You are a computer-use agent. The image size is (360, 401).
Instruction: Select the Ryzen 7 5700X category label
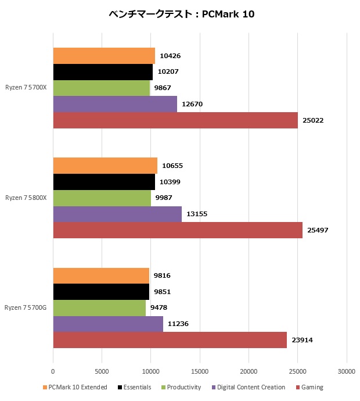point(26,88)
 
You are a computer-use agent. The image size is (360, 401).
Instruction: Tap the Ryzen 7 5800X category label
point(26,198)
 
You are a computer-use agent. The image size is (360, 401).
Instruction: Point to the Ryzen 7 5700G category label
point(26,307)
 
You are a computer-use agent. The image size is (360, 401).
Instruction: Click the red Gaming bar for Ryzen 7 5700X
point(175,120)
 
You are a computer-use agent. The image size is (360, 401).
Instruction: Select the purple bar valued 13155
point(117,214)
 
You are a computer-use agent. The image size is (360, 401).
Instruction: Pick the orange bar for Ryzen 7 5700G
point(101,275)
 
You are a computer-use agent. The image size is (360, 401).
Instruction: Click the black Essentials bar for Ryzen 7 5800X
point(104,182)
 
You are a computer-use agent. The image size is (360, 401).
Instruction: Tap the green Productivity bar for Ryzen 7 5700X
point(101,88)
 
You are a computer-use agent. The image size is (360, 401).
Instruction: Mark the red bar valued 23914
point(170,340)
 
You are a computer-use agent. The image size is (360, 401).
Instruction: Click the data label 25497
point(318,230)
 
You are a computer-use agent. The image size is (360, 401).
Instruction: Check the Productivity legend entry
point(181,387)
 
